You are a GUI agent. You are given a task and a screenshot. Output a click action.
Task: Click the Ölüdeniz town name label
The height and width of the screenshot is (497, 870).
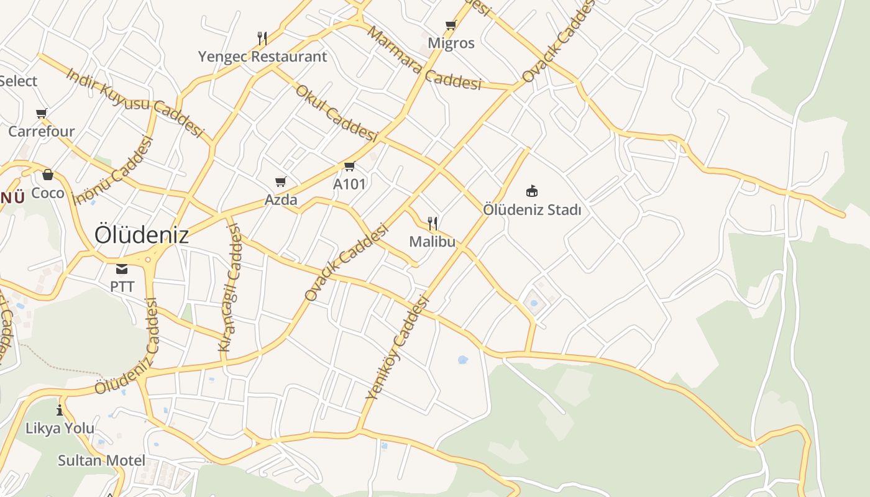tap(141, 235)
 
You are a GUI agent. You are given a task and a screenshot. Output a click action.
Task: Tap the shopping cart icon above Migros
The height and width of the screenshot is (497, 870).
tap(451, 25)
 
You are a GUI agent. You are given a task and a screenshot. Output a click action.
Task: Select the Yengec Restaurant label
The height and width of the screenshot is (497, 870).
tap(262, 57)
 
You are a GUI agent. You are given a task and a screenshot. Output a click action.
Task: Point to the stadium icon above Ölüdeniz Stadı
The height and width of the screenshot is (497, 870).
tap(531, 191)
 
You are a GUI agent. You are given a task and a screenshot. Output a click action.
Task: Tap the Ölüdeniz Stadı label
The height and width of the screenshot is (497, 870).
tap(532, 209)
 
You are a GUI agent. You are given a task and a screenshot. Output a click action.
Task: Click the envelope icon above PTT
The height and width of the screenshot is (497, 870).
tap(121, 269)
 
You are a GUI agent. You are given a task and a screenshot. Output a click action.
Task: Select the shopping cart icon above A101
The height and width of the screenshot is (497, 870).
tap(349, 166)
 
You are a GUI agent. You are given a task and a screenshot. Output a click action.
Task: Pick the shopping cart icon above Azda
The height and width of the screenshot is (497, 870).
tap(281, 182)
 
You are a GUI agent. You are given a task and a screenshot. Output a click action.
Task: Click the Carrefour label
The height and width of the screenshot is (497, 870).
tap(41, 131)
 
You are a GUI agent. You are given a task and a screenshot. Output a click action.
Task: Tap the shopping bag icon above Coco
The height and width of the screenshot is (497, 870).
tap(48, 175)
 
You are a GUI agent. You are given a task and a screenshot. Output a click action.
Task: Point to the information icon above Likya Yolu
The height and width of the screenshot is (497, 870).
tap(60, 410)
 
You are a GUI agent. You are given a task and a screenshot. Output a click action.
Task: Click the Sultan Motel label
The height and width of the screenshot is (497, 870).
tap(101, 460)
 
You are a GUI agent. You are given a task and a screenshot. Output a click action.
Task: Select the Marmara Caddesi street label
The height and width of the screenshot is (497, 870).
tap(424, 58)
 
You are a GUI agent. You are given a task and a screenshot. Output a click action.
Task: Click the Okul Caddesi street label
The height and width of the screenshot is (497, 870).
tap(336, 112)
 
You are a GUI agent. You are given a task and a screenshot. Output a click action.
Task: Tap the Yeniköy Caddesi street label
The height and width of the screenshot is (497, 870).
tap(398, 347)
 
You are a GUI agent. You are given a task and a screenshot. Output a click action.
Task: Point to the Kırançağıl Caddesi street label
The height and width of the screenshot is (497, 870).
tap(231, 287)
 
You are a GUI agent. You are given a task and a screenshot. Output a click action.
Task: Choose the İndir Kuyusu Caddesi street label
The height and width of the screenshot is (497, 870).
tap(135, 103)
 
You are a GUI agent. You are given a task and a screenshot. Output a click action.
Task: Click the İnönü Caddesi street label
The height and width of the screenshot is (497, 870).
tap(113, 170)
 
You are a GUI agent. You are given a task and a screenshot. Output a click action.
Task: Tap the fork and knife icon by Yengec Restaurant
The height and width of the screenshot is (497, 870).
tap(262, 39)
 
